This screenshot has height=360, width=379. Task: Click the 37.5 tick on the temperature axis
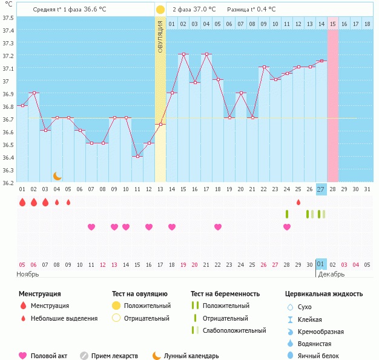(x=8, y=18)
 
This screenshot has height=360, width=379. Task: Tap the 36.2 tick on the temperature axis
(x=8, y=182)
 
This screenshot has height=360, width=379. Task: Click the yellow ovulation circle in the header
(x=160, y=10)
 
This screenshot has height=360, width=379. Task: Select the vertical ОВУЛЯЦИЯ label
(x=160, y=36)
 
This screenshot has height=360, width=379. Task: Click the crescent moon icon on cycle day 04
(x=57, y=176)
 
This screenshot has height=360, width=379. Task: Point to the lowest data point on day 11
(x=137, y=156)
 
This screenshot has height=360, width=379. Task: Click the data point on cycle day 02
(x=34, y=93)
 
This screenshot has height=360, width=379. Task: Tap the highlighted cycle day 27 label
(x=321, y=189)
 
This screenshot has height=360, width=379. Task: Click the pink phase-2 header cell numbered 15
(x=333, y=24)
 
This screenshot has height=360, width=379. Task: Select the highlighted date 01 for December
(x=321, y=264)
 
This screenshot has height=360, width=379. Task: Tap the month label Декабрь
(x=331, y=274)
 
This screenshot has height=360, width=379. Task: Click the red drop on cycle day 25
(x=298, y=202)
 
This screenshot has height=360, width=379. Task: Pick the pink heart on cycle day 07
(x=91, y=227)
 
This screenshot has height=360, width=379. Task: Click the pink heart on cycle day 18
(x=218, y=227)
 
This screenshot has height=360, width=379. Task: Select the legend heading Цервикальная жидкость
(x=324, y=294)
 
